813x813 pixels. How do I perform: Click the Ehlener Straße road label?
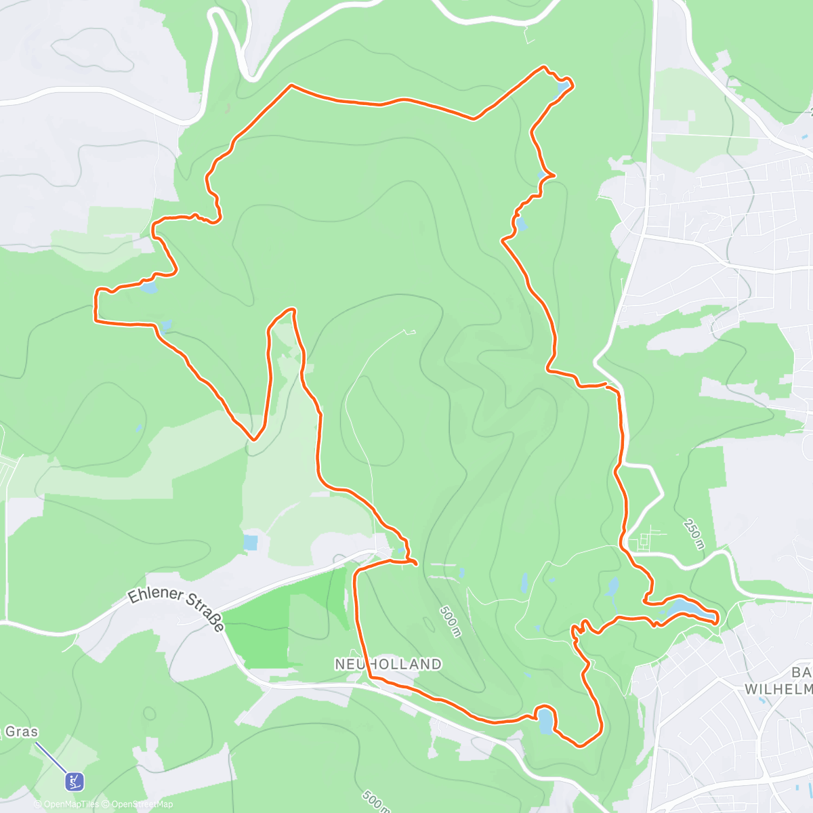(x=175, y=608)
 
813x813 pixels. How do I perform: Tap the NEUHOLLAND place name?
(x=388, y=665)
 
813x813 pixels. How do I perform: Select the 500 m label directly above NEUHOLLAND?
(x=450, y=621)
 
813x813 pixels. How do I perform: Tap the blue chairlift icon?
(x=75, y=781)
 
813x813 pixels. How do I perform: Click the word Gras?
(x=22, y=732)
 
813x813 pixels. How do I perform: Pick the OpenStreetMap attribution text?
(x=142, y=804)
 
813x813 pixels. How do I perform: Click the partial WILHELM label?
(x=778, y=689)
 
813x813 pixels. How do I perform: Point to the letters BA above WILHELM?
(x=801, y=672)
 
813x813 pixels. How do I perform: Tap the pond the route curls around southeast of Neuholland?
(x=545, y=722)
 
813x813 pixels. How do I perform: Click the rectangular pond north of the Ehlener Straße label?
(x=250, y=543)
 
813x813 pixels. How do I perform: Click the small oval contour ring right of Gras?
(x=150, y=713)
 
